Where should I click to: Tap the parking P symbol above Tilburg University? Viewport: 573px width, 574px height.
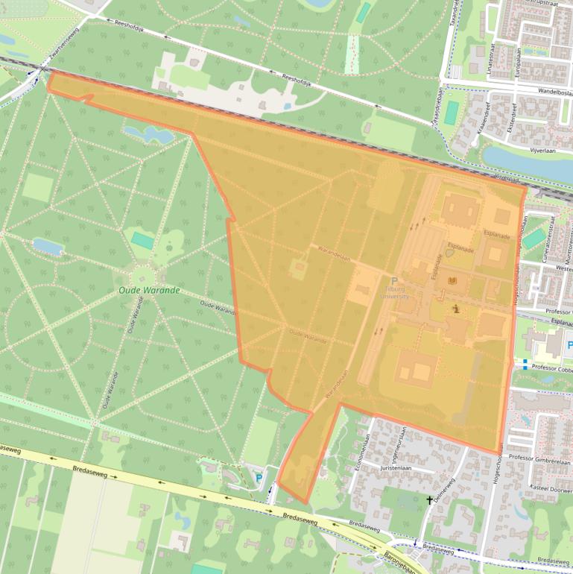(394, 281)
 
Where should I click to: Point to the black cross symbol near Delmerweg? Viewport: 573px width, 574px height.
(429, 500)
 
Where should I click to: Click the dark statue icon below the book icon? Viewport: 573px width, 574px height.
(456, 307)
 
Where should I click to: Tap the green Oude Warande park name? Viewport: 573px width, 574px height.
(149, 290)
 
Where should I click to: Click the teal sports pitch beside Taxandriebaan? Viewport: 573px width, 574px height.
(452, 112)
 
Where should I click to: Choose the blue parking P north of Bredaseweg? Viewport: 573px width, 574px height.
(259, 478)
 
